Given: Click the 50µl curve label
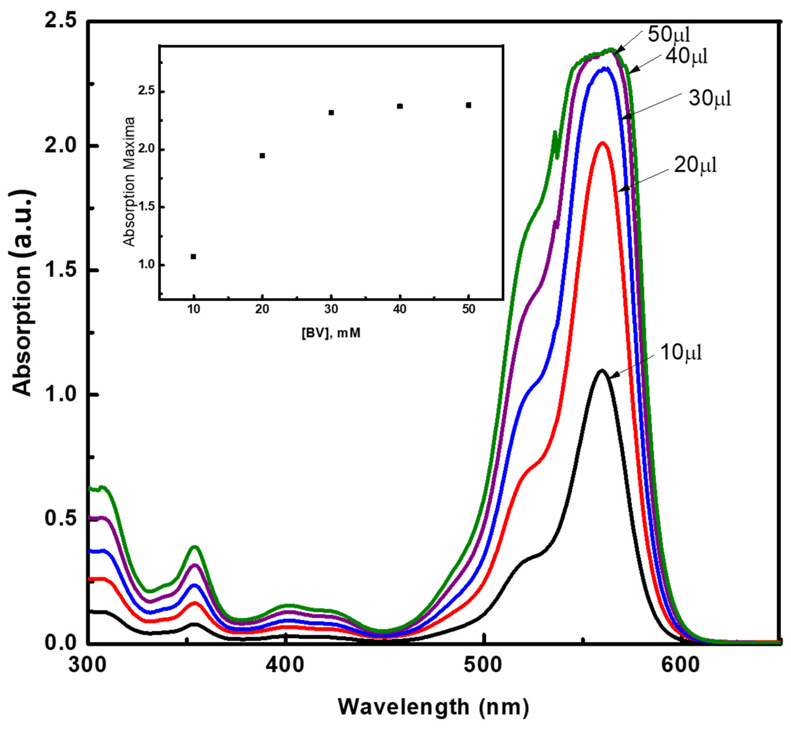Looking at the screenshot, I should tap(669, 35).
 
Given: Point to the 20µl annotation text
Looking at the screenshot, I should tap(695, 165).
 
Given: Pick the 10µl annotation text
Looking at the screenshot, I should tap(681, 352).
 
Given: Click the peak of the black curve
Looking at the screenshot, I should tap(602, 371).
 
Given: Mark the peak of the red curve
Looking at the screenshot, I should tap(603, 142).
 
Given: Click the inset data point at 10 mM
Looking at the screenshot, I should tap(193, 256).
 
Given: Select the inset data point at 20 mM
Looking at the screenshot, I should tap(262, 156).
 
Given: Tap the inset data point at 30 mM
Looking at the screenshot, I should tap(331, 112).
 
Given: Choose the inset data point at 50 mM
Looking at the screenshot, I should tap(469, 105).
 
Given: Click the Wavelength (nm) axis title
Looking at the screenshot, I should tap(433, 707).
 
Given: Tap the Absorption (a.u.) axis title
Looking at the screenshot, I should tap(23, 293).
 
